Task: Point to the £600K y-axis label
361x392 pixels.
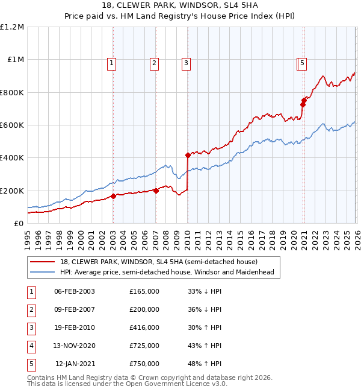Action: (11, 125)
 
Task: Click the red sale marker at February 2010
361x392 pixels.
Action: (188, 155)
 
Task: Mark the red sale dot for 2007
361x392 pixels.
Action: (156, 191)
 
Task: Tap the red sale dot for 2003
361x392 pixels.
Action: (113, 196)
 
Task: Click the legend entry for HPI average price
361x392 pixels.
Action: (167, 272)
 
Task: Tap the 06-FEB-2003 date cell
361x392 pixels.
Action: (75, 291)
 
